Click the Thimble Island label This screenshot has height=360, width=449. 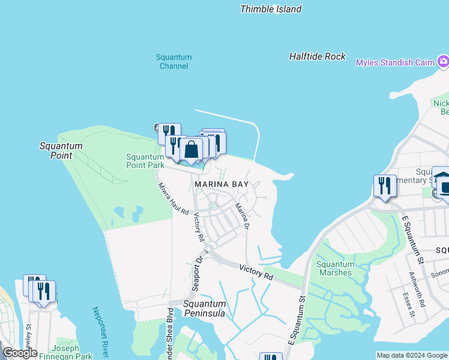pyautogui.click(x=271, y=9)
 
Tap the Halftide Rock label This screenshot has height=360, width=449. pyautogui.click(x=318, y=56)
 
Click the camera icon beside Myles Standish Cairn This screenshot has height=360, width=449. pyautogui.click(x=443, y=61)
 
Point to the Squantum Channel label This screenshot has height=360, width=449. pyautogui.click(x=174, y=62)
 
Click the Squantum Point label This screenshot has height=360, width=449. pyautogui.click(x=61, y=151)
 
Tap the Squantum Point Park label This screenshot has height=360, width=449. pyautogui.click(x=145, y=161)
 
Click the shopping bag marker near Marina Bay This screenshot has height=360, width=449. pyautogui.click(x=191, y=150)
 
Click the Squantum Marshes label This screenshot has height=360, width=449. pyautogui.click(x=335, y=268)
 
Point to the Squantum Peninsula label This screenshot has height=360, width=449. pyautogui.click(x=204, y=308)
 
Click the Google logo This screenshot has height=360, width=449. pyautogui.click(x=20, y=353)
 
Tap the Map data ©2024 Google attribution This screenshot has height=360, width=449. pyautogui.click(x=411, y=355)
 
